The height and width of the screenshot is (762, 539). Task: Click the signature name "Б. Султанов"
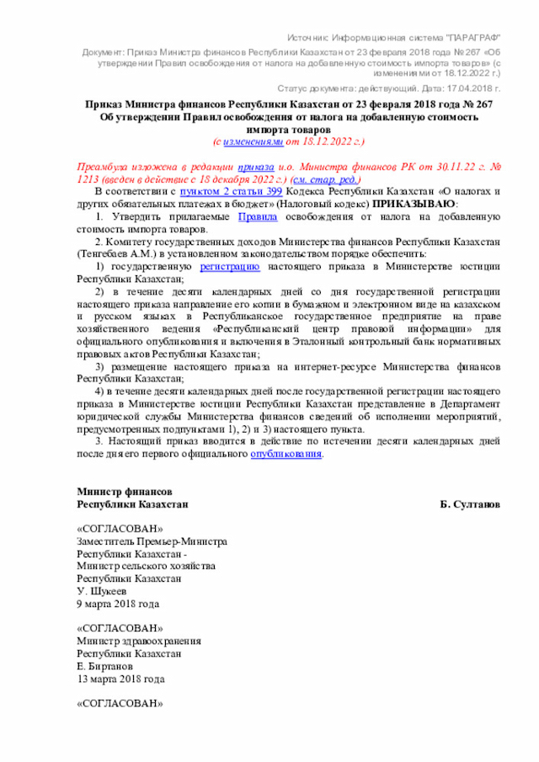click(469, 504)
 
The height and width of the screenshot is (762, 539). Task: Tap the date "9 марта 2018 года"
click(117, 603)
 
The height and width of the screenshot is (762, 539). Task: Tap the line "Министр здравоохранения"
click(133, 640)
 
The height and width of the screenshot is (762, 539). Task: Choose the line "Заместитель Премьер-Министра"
click(152, 541)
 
